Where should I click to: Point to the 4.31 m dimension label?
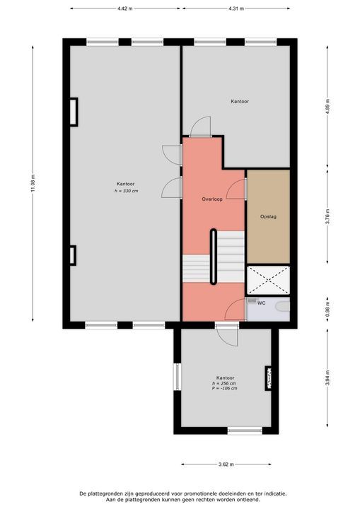pyautogui.click(x=236, y=9)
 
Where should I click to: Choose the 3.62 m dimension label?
pyautogui.click(x=227, y=464)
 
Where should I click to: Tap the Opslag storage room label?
pyautogui.click(x=268, y=216)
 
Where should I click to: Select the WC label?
pyautogui.click(x=261, y=303)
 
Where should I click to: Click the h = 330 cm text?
pyautogui.click(x=126, y=191)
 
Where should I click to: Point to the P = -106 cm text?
pyautogui.click(x=224, y=389)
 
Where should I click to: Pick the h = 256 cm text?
pyautogui.click(x=224, y=383)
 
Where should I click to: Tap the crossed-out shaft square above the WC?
pyautogui.click(x=268, y=280)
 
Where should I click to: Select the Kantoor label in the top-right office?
pyautogui.click(x=240, y=102)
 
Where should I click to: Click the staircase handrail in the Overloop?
pyautogui.click(x=214, y=257)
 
